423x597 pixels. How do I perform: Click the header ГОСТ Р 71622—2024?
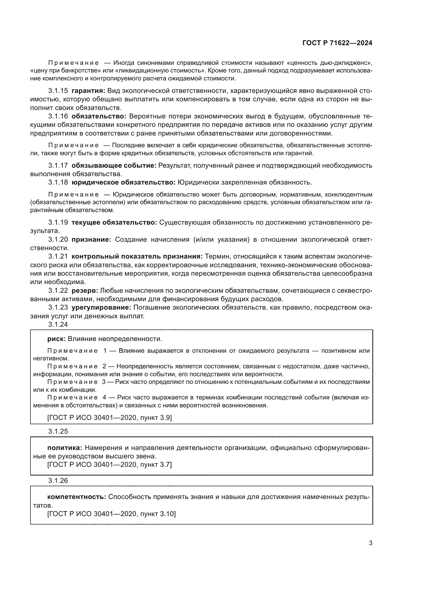click(x=337, y=43)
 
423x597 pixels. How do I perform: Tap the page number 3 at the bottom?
click(x=370, y=543)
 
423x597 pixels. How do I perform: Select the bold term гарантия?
click(x=88, y=91)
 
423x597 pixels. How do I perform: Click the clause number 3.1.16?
click(x=58, y=116)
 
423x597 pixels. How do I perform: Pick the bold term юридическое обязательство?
click(x=124, y=182)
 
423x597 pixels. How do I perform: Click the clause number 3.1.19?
click(x=58, y=222)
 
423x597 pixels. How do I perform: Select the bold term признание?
click(x=91, y=239)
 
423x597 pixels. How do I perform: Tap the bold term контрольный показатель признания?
click(x=137, y=256)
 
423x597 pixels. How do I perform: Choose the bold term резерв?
click(x=85, y=290)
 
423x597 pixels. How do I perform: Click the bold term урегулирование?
click(x=101, y=308)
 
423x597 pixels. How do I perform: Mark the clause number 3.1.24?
click(x=58, y=324)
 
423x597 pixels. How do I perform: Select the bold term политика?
click(x=65, y=448)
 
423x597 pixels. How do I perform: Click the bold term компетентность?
click(x=76, y=497)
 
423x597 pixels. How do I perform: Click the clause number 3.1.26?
click(x=58, y=481)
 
